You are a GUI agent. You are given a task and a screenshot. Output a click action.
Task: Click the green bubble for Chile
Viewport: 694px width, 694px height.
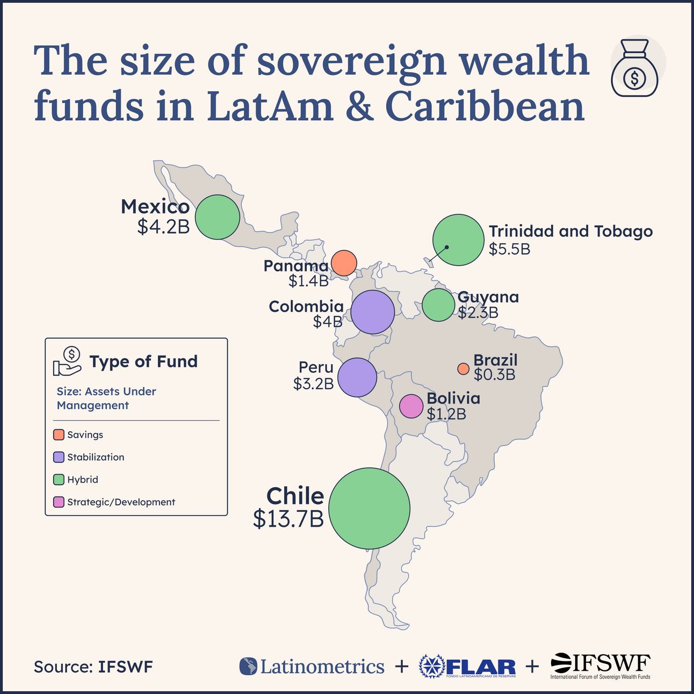370,508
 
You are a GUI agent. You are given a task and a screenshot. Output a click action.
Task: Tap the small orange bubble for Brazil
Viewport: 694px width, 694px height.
463,368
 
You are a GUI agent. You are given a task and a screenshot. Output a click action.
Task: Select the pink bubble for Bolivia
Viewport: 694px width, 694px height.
411,406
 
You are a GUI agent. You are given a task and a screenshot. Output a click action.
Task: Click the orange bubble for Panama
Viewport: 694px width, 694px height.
344,263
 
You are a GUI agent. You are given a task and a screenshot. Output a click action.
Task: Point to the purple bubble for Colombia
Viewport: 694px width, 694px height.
373,312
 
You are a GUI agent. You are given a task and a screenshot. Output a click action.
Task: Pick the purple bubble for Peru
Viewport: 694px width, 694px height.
357,378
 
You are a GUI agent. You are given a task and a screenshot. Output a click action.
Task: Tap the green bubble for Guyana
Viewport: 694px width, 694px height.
439,305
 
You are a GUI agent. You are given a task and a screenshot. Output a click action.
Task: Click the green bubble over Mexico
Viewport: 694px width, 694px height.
218,217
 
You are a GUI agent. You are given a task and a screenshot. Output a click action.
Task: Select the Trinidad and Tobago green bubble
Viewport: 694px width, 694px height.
459,240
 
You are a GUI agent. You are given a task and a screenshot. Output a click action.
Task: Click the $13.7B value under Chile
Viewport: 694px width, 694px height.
288,519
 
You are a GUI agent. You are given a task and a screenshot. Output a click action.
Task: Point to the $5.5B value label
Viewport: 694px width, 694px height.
509,249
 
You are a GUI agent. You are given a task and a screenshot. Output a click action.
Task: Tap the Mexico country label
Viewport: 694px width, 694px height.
155,207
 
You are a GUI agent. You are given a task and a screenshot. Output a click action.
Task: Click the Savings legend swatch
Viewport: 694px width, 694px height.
59,435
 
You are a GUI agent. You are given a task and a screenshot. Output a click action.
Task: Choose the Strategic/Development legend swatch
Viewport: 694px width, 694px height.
59,502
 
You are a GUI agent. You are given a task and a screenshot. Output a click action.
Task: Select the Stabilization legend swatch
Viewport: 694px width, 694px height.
59,457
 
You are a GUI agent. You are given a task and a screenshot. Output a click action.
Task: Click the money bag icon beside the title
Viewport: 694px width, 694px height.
635,68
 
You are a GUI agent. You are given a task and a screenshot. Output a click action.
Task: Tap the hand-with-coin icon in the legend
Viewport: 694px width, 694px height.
67,361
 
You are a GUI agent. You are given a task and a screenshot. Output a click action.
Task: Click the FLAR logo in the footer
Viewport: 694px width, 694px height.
467,667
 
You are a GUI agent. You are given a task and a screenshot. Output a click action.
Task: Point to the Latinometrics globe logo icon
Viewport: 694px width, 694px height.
248,667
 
